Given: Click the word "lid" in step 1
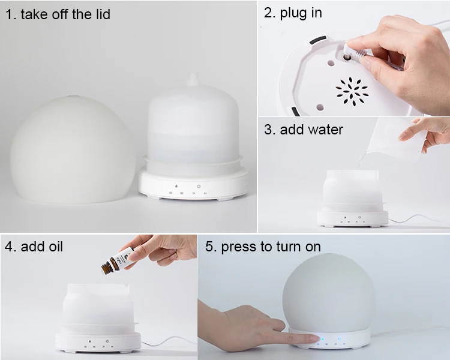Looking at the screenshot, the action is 101,14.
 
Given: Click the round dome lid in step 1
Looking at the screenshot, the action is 72,149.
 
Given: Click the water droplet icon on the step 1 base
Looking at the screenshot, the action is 176,187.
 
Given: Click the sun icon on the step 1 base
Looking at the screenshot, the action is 199,187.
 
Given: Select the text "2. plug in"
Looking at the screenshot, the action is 293,13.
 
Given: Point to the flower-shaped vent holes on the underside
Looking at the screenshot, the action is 352,92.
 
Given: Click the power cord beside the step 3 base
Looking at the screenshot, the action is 416,220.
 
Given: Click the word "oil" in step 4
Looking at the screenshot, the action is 55,247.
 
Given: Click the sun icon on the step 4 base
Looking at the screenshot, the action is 107,341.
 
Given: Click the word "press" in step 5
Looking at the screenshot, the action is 238,247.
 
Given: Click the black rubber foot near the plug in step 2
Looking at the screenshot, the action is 318,40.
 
